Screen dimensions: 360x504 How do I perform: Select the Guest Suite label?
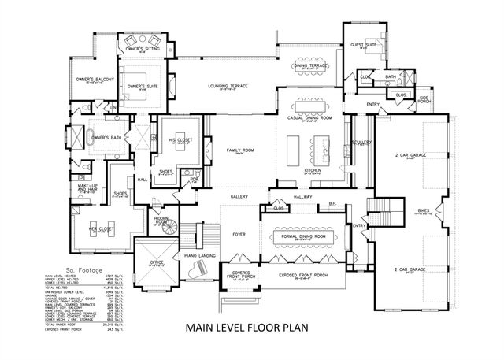[x=363, y=46]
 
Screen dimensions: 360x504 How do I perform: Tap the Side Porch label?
[x=424, y=98]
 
